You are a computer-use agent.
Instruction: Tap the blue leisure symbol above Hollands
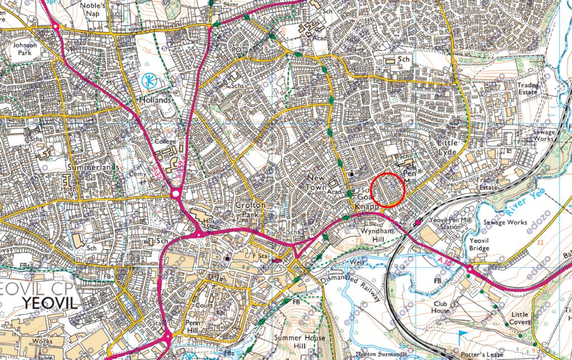pos(149,81)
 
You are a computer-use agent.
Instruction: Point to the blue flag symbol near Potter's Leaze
pos(463,334)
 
